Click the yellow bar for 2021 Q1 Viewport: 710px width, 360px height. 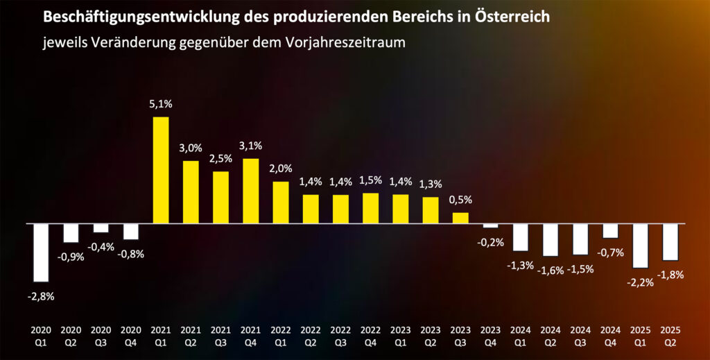point(160,170)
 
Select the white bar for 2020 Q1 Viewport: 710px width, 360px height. point(41,252)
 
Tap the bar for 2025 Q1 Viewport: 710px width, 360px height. point(640,246)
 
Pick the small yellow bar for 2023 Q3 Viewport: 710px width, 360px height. point(460,218)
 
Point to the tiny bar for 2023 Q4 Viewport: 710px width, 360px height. point(490,225)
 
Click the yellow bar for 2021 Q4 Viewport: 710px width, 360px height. point(250,191)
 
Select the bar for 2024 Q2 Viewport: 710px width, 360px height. point(551,239)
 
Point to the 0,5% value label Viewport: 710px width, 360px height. point(460,200)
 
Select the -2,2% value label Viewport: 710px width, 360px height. point(640,282)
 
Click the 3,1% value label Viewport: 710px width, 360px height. point(250,146)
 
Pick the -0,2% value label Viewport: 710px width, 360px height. point(490,242)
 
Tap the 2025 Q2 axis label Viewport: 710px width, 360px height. point(670,337)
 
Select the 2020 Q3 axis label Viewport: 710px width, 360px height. point(101,337)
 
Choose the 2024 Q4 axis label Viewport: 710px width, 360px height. point(610,337)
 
